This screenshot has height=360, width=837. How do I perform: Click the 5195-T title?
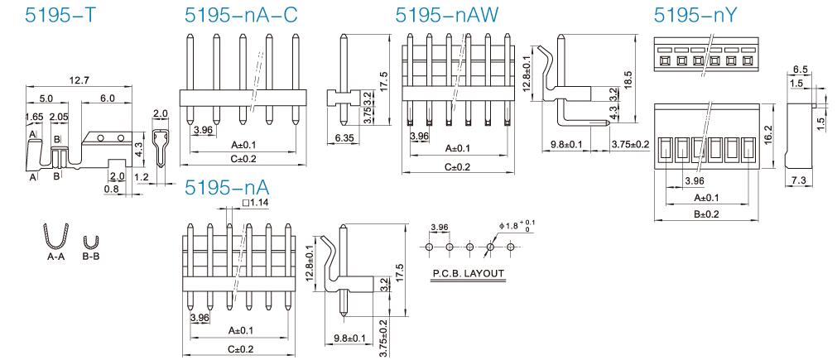pos(60,16)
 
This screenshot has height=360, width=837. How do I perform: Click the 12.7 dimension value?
pos(79,80)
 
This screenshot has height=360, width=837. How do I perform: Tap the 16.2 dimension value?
pos(769,132)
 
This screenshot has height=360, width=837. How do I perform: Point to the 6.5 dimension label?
pos(800,69)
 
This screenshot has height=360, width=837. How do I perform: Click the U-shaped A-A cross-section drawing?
pos(55,235)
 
